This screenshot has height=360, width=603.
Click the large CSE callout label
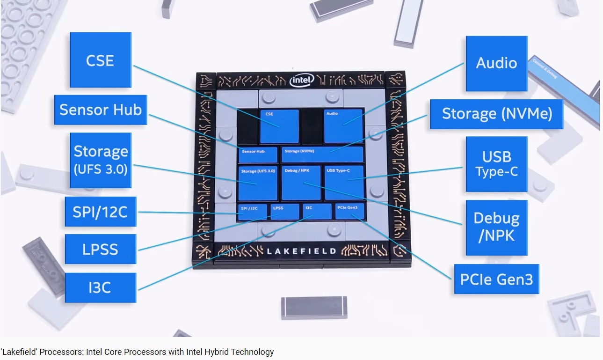coord(100,60)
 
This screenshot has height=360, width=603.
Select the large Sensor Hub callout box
coord(101,110)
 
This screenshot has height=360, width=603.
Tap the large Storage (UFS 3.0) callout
coord(101,160)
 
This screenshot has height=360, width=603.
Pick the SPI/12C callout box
coord(101,212)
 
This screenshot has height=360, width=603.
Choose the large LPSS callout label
coord(101,249)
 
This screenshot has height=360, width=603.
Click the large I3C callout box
coord(101,287)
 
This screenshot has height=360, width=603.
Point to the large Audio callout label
coord(496,63)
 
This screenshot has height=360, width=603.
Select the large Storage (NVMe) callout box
coord(497,114)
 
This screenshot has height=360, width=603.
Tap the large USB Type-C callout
coord(496,164)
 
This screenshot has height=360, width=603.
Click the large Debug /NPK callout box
coord(496,228)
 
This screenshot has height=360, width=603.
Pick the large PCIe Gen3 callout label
coord(496,279)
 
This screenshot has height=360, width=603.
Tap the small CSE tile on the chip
coord(279,126)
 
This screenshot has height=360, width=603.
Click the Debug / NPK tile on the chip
coord(301,183)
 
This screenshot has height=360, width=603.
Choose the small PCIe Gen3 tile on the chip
coord(349,212)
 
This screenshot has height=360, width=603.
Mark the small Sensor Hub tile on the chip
coord(258,154)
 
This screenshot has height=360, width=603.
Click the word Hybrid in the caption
coord(214,352)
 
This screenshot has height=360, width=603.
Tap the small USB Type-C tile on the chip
coord(344,182)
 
